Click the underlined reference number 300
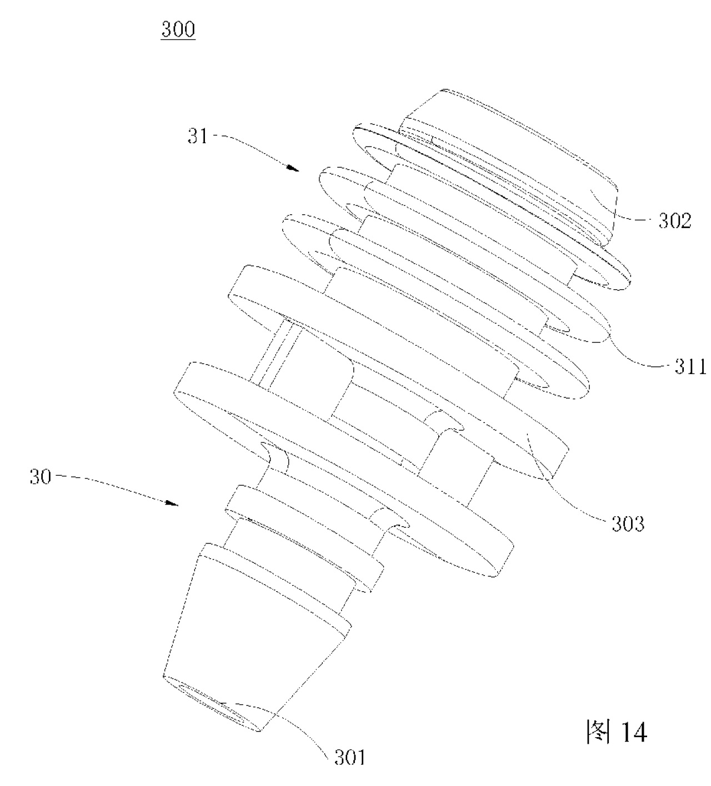click(178, 29)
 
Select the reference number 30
click(41, 476)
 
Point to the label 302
click(675, 221)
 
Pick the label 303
click(628, 523)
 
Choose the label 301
click(349, 757)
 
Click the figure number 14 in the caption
click(632, 733)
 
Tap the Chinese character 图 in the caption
click(597, 733)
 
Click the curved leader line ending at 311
click(633, 355)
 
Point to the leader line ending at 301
click(294, 727)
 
